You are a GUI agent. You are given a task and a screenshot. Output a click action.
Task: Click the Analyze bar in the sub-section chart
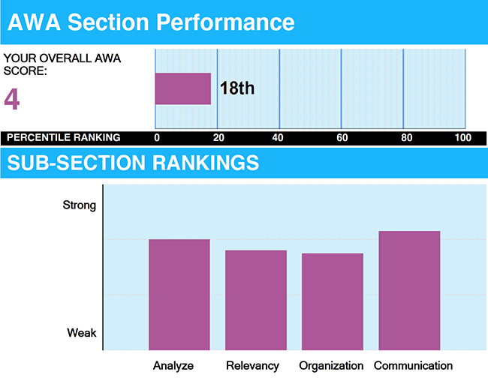[x=179, y=294]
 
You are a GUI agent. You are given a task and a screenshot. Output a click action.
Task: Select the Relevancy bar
[x=256, y=299]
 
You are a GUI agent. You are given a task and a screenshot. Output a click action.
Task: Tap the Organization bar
[x=333, y=301]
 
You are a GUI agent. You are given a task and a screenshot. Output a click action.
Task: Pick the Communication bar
[x=409, y=290]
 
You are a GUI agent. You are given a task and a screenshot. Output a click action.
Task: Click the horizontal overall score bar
[x=182, y=88]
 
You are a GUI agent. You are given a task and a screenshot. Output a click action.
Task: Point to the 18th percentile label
[x=237, y=88]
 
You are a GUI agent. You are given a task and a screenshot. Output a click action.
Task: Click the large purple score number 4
[x=11, y=99]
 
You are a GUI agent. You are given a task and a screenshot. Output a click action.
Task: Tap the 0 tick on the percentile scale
[x=157, y=137]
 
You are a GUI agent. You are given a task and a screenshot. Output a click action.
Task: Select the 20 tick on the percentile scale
[x=216, y=137]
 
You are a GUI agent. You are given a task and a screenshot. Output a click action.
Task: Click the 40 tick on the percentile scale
[x=279, y=137]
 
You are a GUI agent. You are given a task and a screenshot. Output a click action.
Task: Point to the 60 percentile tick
[x=341, y=137]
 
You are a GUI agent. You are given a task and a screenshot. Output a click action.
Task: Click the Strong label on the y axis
[x=79, y=205]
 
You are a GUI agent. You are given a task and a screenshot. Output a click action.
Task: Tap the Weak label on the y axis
[x=81, y=333]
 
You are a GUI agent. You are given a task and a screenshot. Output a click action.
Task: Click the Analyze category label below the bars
[x=173, y=366]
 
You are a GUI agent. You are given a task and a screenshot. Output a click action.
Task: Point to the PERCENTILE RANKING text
[x=62, y=137]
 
